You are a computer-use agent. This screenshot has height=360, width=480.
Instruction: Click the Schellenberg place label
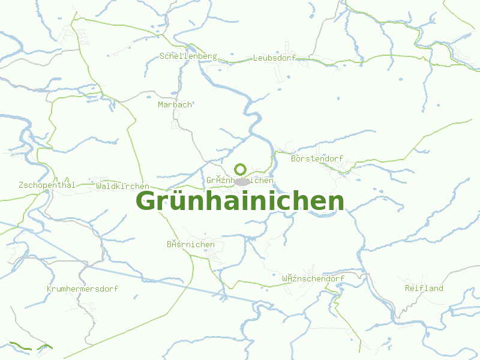pyautogui.click(x=188, y=56)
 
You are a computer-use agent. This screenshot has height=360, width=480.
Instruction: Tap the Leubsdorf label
pyautogui.click(x=274, y=58)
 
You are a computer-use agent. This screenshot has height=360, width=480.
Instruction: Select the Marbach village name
pyautogui.click(x=175, y=104)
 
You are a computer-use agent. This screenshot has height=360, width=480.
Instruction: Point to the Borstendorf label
pyautogui.click(x=317, y=159)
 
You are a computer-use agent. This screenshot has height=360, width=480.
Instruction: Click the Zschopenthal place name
pyautogui.click(x=47, y=185)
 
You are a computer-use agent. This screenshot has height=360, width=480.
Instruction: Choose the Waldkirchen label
pyautogui.click(x=122, y=186)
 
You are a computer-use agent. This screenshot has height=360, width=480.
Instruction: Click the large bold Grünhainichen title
pyautogui.click(x=240, y=202)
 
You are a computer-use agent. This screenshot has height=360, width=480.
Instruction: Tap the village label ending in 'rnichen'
pyautogui.click(x=190, y=245)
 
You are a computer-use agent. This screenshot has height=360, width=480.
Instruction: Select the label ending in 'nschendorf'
pyautogui.click(x=313, y=279)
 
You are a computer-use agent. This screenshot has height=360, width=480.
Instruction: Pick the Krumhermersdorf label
pyautogui.click(x=82, y=289)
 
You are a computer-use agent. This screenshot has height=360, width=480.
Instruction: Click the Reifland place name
pyautogui.click(x=424, y=288)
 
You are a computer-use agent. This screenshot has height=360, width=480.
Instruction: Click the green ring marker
pyautogui.click(x=240, y=169)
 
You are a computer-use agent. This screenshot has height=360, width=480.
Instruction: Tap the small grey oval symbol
pyautogui.click(x=242, y=182)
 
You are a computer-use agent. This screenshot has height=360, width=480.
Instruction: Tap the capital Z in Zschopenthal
pyautogui.click(x=22, y=185)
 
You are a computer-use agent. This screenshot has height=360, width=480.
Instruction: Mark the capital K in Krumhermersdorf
pyautogui.click(x=49, y=289)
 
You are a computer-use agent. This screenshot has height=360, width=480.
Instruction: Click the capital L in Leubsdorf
pyautogui.click(x=256, y=58)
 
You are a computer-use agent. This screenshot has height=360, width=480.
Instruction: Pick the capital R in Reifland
pyautogui.click(x=408, y=288)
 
